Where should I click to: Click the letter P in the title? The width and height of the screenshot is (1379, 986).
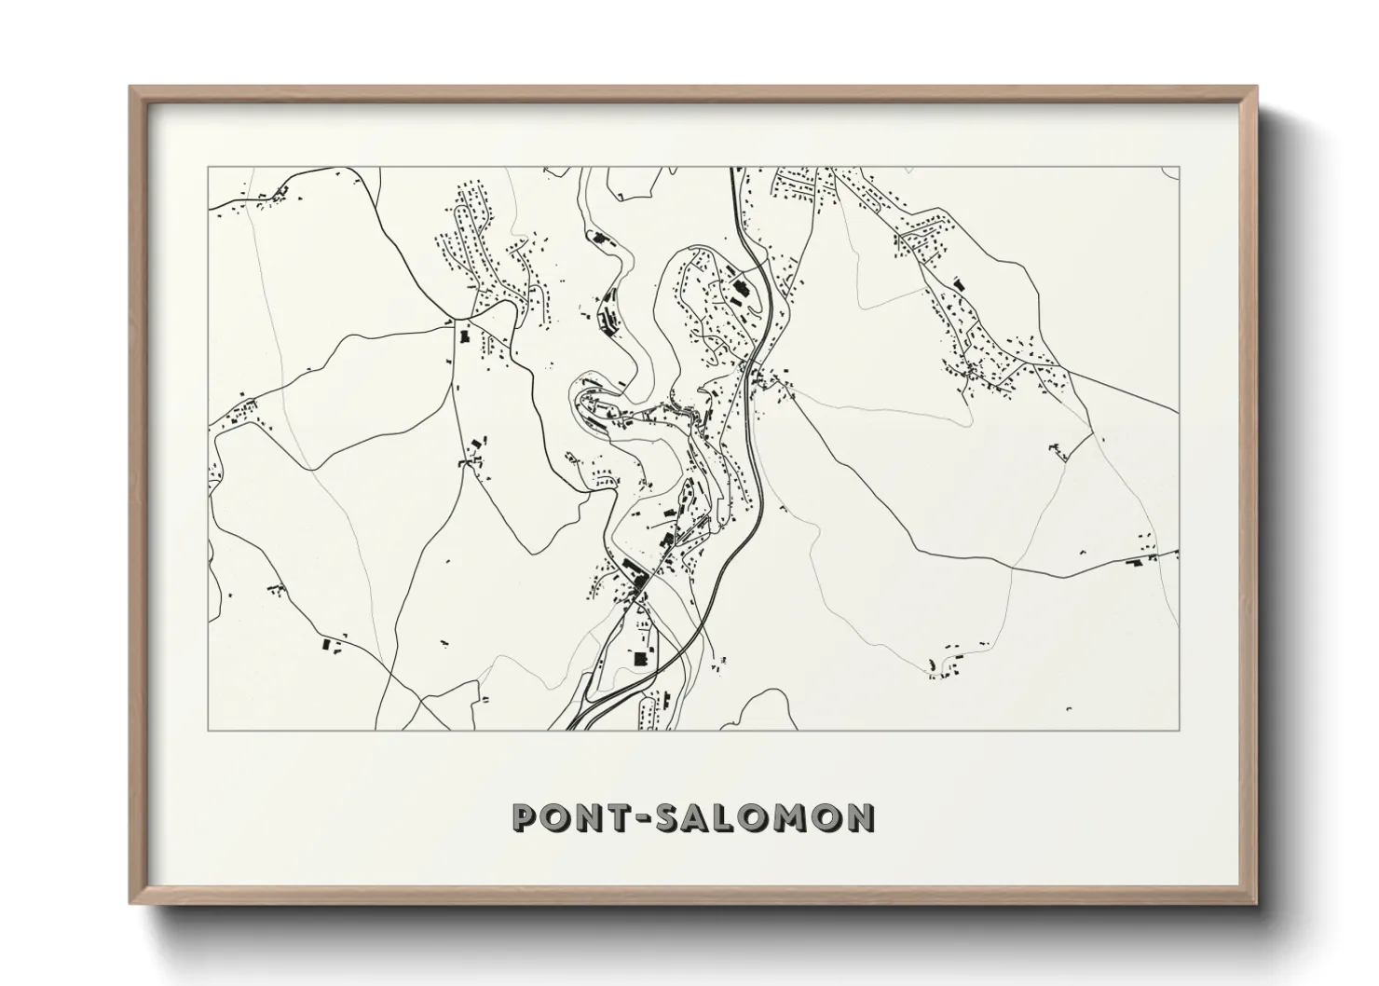pyautogui.click(x=525, y=817)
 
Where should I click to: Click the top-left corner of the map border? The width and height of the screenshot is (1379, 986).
pyautogui.click(x=208, y=167)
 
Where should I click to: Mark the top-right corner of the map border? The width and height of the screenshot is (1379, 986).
pyautogui.click(x=1180, y=167)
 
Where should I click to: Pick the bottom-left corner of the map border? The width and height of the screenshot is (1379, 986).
pyautogui.click(x=208, y=730)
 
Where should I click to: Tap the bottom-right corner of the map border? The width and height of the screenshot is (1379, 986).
pyautogui.click(x=1180, y=730)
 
